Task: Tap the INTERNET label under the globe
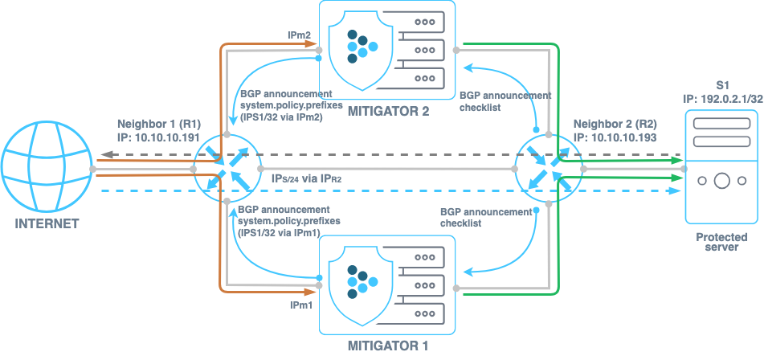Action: pos(47,223)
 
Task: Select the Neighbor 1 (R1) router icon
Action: pos(226,169)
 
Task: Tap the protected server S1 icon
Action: pos(720,166)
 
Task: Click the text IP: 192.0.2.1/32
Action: pos(721,98)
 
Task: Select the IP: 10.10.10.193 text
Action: pos(613,137)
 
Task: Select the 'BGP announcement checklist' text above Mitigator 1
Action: pos(486,218)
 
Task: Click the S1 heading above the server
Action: pos(721,84)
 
